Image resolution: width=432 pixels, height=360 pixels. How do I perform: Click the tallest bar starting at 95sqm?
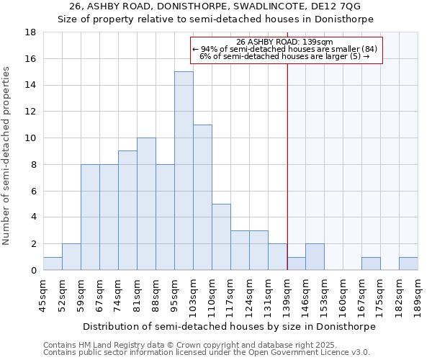pyautogui.click(x=184, y=171)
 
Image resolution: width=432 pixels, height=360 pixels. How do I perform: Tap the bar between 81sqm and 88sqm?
pyautogui.click(x=146, y=204)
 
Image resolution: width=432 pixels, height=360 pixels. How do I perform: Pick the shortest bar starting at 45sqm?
pyautogui.click(x=53, y=264)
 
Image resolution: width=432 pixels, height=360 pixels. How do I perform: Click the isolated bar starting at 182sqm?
pyautogui.click(x=408, y=264)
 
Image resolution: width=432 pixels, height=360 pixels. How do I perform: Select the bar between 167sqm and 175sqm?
pyautogui.click(x=371, y=264)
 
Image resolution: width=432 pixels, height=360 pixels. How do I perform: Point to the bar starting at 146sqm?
pyautogui.click(x=315, y=257)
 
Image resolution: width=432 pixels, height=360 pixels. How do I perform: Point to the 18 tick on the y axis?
pyautogui.click(x=31, y=32)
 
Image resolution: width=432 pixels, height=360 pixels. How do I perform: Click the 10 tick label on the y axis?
pyautogui.click(x=31, y=138)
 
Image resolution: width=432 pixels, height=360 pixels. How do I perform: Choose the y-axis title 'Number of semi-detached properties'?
pyautogui.click(x=6, y=156)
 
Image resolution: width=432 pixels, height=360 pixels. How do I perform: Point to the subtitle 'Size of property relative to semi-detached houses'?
pyautogui.click(x=215, y=19)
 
